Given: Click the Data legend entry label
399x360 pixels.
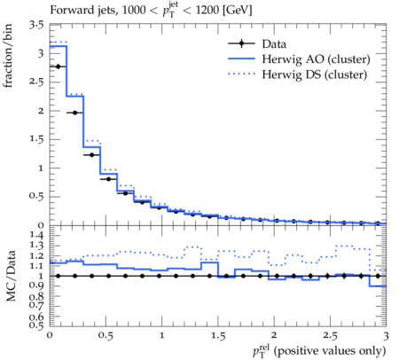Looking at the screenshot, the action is coord(274,44).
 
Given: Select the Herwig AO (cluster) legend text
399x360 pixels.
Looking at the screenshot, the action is coord(316,59).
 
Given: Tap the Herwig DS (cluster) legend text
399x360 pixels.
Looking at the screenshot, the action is coord(315,74).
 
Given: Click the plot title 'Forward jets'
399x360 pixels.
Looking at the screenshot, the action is coord(82,11).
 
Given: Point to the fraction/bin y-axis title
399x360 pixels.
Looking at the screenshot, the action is coord(8,56).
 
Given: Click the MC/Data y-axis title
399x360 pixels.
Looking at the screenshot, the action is coord(11,276).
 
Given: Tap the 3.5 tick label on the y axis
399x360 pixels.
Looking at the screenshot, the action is coord(36,25).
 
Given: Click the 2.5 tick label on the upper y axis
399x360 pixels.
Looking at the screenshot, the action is coord(36,82).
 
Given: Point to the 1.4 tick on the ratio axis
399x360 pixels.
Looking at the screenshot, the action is coord(36,236).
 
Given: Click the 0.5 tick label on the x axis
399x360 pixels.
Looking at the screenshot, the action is coord(106,336).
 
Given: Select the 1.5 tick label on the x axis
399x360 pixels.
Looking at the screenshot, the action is coord(218,336).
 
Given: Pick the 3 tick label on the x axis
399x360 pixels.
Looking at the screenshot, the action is coord(386,336).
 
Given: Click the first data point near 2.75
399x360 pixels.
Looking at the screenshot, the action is coord(58,67).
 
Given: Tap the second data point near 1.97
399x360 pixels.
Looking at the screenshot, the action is coord(74,113).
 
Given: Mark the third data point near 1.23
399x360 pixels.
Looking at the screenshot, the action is coord(91,155).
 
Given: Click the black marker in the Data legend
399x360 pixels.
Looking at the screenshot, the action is coord(241,43).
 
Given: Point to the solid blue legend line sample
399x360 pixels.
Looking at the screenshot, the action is coord(241,59).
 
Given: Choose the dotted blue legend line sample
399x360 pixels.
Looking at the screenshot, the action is coord(241,74).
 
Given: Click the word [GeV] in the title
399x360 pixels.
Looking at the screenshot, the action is coord(237,11).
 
